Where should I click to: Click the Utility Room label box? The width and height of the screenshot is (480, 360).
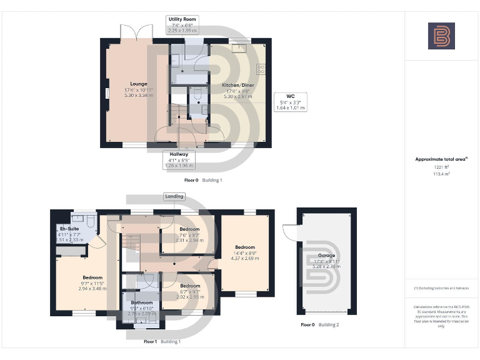[182, 24]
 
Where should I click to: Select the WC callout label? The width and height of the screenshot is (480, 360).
[290, 102]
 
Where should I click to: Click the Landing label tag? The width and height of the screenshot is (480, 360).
[174, 196]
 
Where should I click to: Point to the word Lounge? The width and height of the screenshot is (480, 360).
[139, 84]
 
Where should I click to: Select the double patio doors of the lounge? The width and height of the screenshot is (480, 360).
[136, 32]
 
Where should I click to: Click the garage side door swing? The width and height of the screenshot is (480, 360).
[288, 232]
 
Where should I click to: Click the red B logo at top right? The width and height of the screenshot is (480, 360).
[441, 36]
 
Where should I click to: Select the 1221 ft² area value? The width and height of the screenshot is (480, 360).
[441, 167]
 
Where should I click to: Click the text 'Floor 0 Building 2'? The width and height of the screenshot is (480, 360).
[320, 325]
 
